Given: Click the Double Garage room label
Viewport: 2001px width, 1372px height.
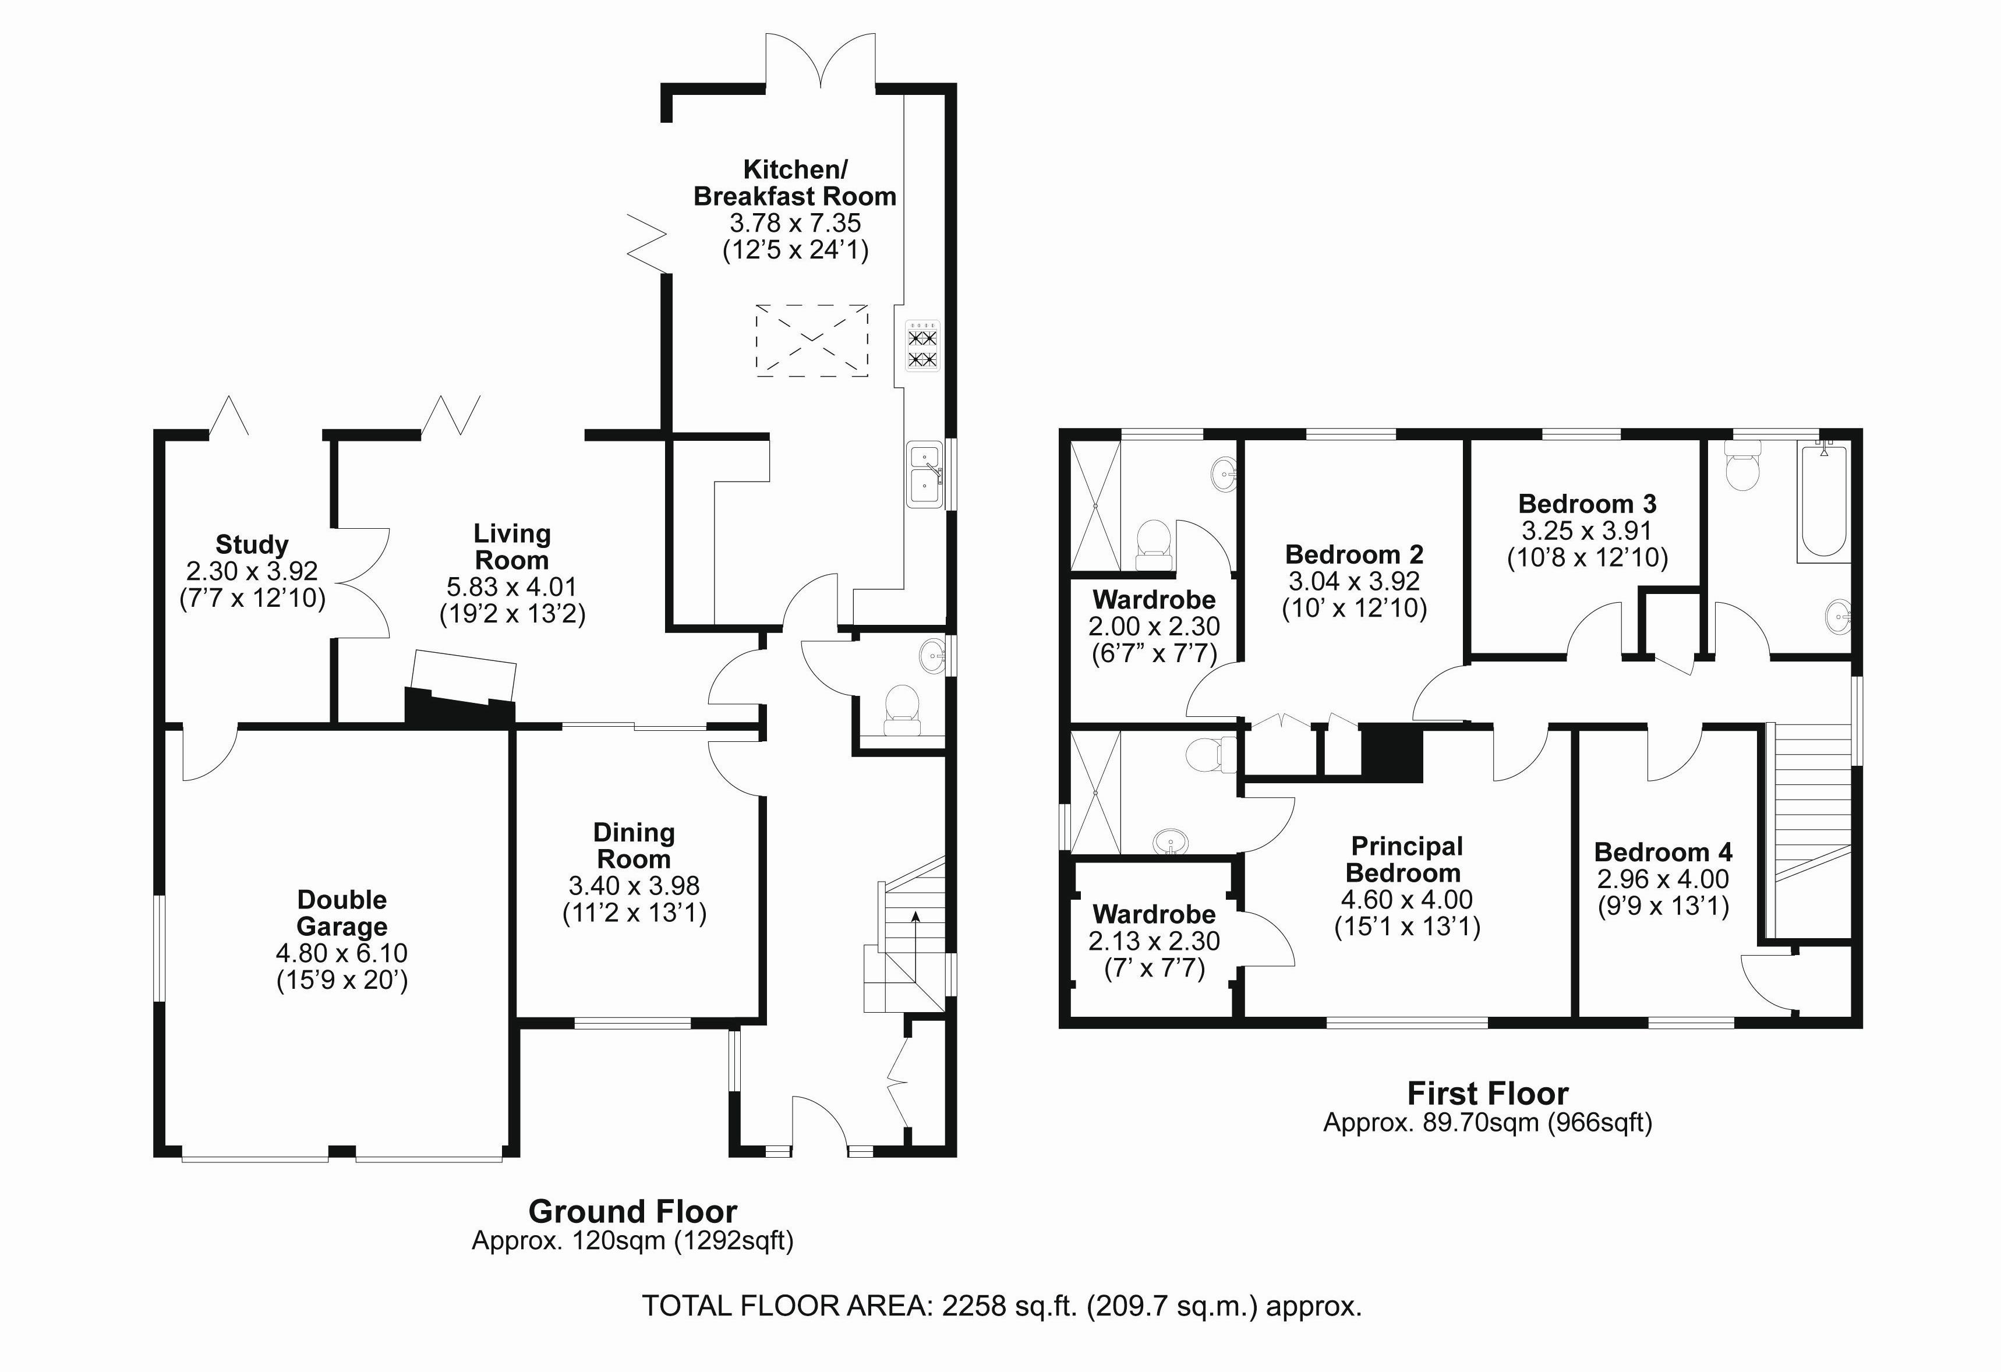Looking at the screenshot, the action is [342, 913].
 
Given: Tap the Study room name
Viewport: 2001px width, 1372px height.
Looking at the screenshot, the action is [252, 545].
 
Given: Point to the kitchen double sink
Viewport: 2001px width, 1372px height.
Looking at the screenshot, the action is [925, 474].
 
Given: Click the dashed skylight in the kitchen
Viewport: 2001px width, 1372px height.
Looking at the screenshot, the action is [811, 340].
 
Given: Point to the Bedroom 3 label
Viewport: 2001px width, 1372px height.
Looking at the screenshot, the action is [1587, 504].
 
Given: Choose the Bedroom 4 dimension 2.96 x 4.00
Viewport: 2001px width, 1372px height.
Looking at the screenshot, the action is [1663, 879].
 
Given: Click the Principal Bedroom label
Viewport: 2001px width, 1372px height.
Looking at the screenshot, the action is [1406, 860].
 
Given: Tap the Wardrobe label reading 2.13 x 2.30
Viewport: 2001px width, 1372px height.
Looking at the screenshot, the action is [1154, 941].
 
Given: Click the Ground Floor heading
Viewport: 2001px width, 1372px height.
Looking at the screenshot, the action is [633, 1212].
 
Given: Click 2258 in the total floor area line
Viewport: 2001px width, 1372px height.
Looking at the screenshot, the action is [974, 1307].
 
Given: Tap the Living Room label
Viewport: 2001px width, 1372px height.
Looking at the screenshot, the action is [512, 547].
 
